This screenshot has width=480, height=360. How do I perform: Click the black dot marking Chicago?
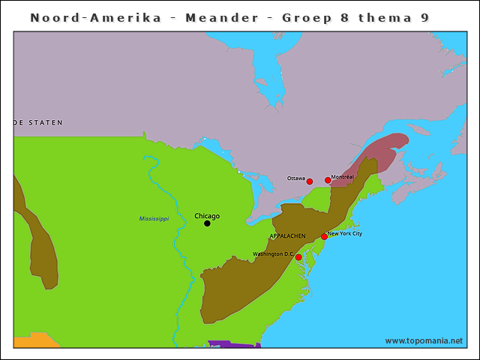pos(207,223)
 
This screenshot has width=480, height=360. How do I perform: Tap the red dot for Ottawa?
pos(309,181)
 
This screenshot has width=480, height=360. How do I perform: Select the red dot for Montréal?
pos(328,180)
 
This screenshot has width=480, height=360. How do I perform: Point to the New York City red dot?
pos(324,237)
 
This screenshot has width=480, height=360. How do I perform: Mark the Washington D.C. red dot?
pos(298,257)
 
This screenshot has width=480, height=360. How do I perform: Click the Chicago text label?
pos(207,216)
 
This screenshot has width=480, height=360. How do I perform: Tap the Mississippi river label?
pos(154,218)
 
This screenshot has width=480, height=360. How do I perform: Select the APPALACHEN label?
pos(286,235)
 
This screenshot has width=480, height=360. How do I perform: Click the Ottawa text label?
pos(295,178)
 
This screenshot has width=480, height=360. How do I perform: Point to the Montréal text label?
pos(342,177)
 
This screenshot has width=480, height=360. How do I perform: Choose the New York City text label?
pos(345,233)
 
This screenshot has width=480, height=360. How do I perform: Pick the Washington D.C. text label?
pos(272,254)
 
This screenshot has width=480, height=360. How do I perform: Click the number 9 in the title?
pos(425,17)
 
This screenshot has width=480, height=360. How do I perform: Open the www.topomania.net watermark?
pos(424,340)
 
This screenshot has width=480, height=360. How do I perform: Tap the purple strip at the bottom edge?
pos(232,344)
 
